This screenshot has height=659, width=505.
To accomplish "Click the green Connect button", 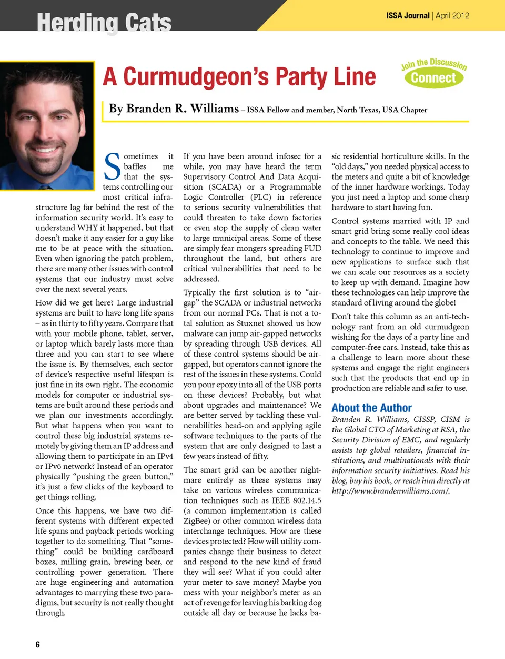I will [434, 78].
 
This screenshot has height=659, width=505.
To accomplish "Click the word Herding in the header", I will [72, 23].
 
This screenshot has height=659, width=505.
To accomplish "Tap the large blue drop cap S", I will [112, 166].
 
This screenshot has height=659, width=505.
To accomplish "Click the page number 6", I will [37, 644].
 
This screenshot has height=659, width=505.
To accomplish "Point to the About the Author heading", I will [371, 408].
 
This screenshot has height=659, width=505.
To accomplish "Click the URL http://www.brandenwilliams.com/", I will [390, 490].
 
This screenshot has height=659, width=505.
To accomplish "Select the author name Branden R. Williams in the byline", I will [174, 109].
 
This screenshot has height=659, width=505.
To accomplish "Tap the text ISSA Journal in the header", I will [408, 16].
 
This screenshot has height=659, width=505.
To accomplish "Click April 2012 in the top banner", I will [452, 16].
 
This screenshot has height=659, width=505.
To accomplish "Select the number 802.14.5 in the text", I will [304, 500].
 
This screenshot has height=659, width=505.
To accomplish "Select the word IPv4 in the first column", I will [164, 456].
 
